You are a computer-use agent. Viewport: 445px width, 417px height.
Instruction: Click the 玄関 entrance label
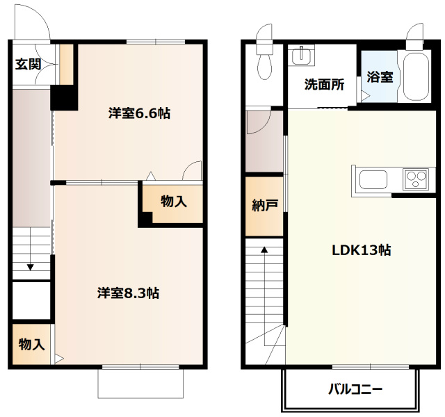28,65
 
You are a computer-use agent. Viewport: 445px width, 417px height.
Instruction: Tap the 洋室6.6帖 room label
139,113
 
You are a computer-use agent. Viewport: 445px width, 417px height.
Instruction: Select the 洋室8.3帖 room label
128,293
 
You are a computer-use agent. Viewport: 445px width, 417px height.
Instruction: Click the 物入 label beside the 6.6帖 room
174,202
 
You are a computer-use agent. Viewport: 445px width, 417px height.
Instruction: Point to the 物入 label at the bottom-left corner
31,344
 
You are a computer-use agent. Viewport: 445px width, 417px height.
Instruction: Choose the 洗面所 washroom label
324,84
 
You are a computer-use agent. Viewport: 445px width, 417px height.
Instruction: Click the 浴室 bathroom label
380,76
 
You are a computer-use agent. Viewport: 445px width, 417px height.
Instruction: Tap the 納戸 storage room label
264,206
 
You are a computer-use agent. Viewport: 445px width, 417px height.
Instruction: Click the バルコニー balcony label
355,389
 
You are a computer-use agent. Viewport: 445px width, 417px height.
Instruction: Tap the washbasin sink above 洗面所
301,55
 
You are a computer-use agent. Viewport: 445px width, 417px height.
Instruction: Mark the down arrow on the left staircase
31,265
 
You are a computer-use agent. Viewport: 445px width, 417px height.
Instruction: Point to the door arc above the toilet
265,34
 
